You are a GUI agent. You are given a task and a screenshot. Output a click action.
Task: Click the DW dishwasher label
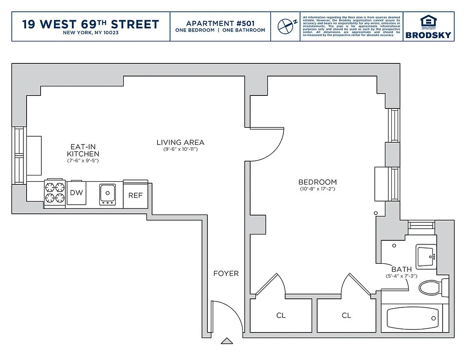click(x=76, y=193)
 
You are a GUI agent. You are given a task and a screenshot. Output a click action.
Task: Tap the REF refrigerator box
click(x=135, y=195)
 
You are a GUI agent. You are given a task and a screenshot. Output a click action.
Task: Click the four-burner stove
click(x=54, y=193)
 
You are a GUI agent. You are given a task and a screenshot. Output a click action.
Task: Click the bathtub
click(x=412, y=318)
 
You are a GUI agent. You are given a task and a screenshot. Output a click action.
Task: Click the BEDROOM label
click(x=318, y=182)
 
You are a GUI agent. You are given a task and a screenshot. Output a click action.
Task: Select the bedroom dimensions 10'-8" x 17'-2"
click(x=318, y=189)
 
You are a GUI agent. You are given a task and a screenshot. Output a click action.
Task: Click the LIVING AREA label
click(x=180, y=142)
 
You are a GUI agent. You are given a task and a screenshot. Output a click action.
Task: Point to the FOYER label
click(x=226, y=273)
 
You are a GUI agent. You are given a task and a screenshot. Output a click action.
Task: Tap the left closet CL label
click(x=281, y=315)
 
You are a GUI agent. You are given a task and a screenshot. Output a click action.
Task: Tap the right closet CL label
click(x=346, y=315)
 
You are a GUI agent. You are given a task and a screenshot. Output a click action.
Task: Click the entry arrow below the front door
click(x=227, y=341)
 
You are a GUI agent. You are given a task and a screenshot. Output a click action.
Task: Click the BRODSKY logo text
click(x=428, y=35)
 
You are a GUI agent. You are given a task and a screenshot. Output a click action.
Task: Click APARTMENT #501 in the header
click(x=220, y=23)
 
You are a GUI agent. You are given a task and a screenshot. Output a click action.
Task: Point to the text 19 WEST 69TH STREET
click(x=91, y=24)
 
